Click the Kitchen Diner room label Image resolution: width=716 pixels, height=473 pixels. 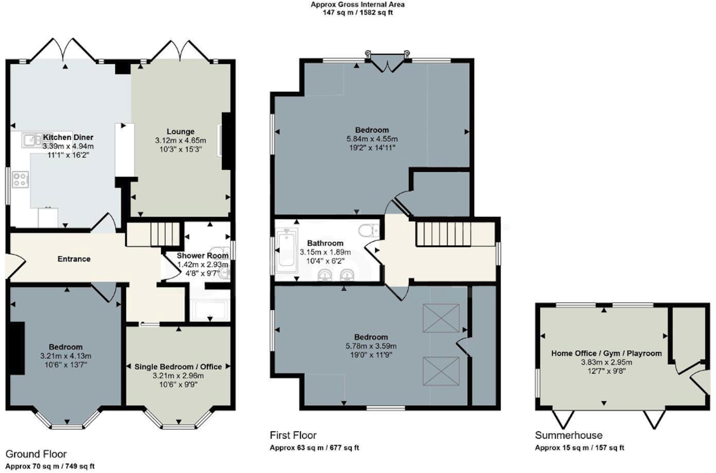pyautogui.click(x=68, y=137)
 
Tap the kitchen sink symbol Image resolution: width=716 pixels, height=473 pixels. pyautogui.click(x=33, y=140)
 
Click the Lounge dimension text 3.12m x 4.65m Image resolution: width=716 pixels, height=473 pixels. pyautogui.click(x=180, y=140)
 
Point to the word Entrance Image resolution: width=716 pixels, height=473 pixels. pyautogui.click(x=74, y=259)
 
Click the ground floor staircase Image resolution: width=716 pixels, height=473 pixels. pyautogui.click(x=165, y=234)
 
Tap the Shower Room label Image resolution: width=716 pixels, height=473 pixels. pyautogui.click(x=202, y=256)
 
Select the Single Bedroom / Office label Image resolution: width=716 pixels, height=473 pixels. pyautogui.click(x=178, y=366)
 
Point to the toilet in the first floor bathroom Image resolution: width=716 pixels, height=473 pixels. pyautogui.click(x=368, y=230)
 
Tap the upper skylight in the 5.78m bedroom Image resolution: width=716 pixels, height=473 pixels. pyautogui.click(x=441, y=318)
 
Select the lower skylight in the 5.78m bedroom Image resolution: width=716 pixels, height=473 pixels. pyautogui.click(x=441, y=371)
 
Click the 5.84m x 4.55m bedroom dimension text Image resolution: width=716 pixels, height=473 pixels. pyautogui.click(x=372, y=139)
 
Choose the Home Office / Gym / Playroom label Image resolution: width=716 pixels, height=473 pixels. pyautogui.click(x=606, y=353)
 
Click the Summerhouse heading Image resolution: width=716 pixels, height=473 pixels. pyautogui.click(x=568, y=435)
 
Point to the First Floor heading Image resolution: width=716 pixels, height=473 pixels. pyautogui.click(x=293, y=435)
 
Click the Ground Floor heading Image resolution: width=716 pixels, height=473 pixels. pyautogui.click(x=36, y=454)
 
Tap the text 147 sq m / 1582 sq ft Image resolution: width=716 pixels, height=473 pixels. pyautogui.click(x=358, y=13)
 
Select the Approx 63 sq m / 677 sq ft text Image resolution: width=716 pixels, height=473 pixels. pyautogui.click(x=314, y=448)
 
